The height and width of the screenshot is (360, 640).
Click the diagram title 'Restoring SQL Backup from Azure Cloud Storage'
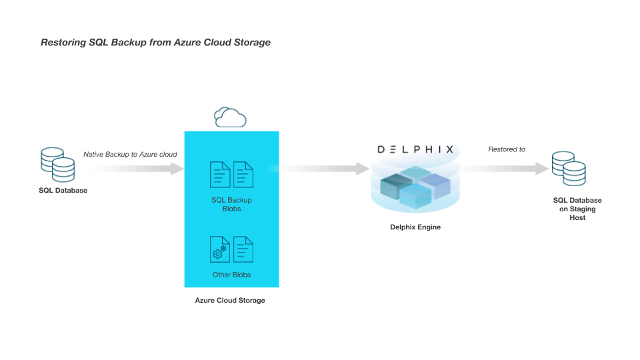[155, 43]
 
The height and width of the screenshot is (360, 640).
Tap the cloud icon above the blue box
[230, 117]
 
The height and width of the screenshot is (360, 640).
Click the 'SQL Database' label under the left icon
[63, 191]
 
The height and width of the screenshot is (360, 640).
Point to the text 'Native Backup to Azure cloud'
[130, 155]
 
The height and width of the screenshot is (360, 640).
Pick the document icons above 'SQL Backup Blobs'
[232, 175]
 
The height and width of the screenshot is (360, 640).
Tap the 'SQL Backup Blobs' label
[231, 204]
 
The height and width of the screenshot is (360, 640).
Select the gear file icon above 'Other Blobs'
[219, 249]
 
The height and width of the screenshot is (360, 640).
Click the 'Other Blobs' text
[231, 275]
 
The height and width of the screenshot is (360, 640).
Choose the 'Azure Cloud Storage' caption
[230, 301]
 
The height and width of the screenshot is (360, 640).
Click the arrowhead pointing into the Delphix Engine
[363, 169]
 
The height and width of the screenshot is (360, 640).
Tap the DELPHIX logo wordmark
[415, 149]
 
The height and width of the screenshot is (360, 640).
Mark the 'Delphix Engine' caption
[415, 227]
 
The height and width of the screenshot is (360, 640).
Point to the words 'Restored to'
[507, 149]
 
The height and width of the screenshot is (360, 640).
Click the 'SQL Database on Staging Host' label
[577, 209]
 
